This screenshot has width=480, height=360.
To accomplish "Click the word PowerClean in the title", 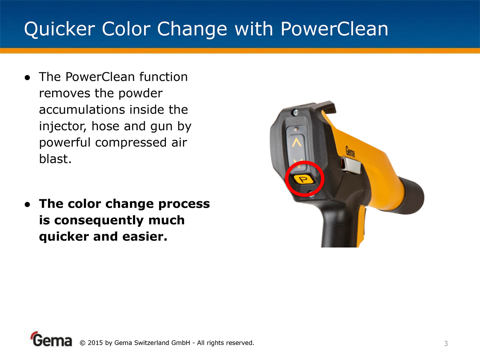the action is [x=334, y=29].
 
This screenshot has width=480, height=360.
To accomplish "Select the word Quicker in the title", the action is [x=59, y=29].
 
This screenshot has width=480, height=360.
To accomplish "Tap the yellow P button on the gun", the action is [x=303, y=179].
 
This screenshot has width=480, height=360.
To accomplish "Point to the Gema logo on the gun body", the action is [x=350, y=151].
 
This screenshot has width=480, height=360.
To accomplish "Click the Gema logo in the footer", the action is [x=51, y=339].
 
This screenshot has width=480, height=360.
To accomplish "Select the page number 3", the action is [x=446, y=344].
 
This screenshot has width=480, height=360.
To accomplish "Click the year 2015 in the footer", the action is [x=95, y=343].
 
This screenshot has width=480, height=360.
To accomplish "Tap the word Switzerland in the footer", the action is [x=151, y=343].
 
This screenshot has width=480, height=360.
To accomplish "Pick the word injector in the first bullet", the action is [x=62, y=127].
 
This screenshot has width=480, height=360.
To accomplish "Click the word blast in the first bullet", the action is [x=55, y=159].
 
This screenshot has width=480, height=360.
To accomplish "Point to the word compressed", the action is [x=131, y=143].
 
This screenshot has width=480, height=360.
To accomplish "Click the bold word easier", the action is [x=145, y=237].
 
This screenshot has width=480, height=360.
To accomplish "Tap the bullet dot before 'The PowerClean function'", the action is [x=27, y=77].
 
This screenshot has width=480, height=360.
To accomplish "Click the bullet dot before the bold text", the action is [x=27, y=205].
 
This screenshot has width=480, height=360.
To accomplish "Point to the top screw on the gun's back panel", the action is [x=296, y=112].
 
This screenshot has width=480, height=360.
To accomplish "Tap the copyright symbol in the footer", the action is [x=82, y=343].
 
